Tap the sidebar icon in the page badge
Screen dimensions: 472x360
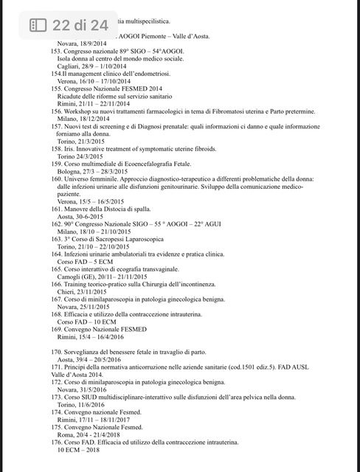pyautogui.click(x=38, y=25)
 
